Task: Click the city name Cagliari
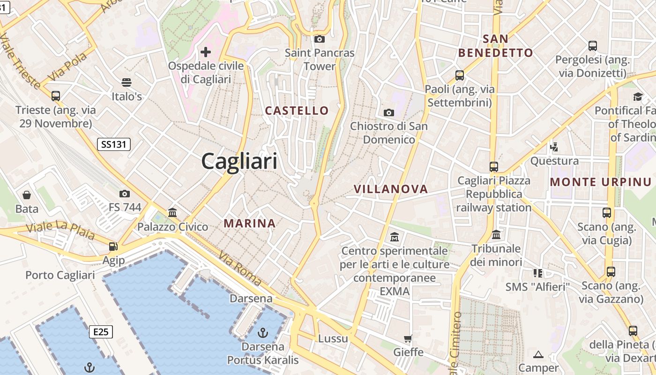tap(239, 161)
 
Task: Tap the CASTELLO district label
tap(297, 111)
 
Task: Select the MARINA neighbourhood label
tap(250, 224)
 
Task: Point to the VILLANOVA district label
tap(391, 189)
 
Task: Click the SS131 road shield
tap(114, 144)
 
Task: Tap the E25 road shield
tap(101, 332)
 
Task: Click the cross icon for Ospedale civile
tap(206, 52)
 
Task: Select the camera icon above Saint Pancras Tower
tap(320, 39)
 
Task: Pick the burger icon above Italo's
tap(126, 82)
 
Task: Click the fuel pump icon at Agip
tap(113, 246)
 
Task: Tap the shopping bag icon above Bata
tap(27, 195)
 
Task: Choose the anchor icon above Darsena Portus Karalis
tap(263, 333)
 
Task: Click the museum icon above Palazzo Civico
tap(172, 212)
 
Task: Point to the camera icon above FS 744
tap(125, 194)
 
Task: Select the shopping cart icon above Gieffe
tap(408, 338)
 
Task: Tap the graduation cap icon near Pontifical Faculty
tap(638, 97)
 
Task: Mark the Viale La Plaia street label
tap(60, 230)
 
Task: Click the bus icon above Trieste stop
tap(56, 96)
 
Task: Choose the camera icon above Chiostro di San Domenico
tap(388, 112)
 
